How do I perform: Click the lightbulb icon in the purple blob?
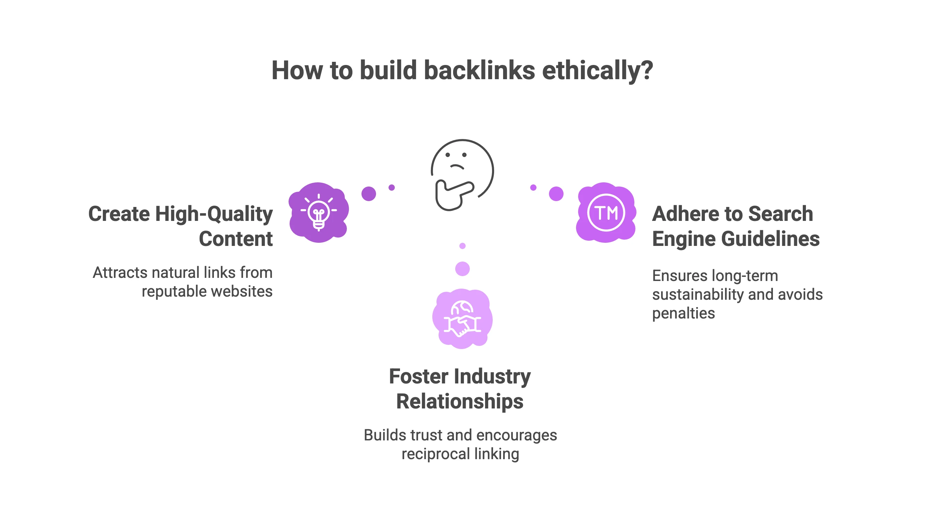coord(318,213)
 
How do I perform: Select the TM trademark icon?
coord(606,213)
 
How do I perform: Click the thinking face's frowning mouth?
coord(457,167)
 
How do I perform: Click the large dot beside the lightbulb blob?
coord(368,194)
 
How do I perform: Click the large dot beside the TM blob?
coord(556,194)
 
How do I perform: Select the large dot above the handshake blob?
coord(462,269)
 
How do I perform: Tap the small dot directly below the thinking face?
coord(462,246)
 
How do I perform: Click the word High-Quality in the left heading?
coord(214,214)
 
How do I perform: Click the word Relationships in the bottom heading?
coord(460,401)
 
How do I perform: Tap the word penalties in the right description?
coord(683,313)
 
